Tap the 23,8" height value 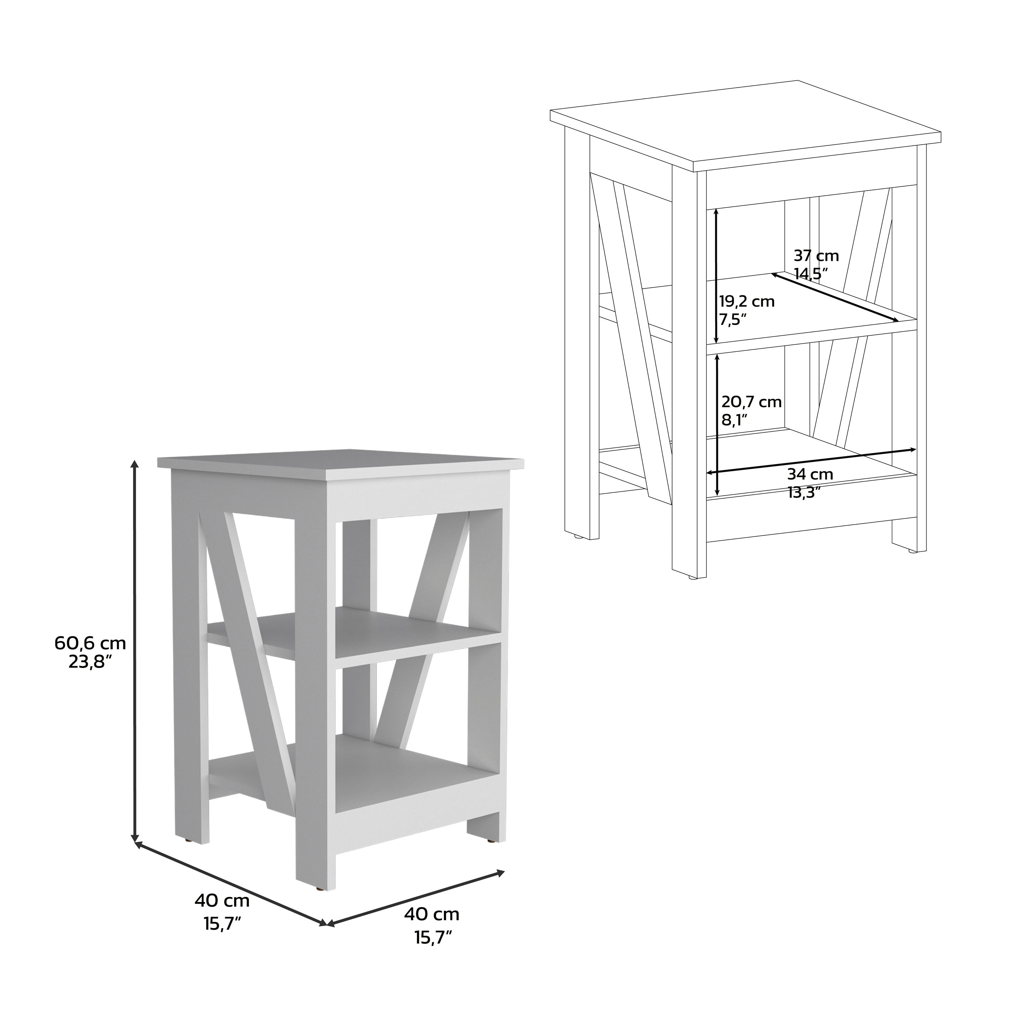pyautogui.click(x=90, y=663)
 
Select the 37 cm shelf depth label pyautogui.click(x=816, y=256)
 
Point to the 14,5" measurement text pyautogui.click(x=810, y=274)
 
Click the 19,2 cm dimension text pyautogui.click(x=747, y=302)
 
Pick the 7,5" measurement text pyautogui.click(x=732, y=319)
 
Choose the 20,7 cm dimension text pyautogui.click(x=751, y=402)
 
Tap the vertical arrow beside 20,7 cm pyautogui.click(x=716, y=424)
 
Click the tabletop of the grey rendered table pyautogui.click(x=340, y=461)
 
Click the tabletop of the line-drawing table pyautogui.click(x=744, y=126)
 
